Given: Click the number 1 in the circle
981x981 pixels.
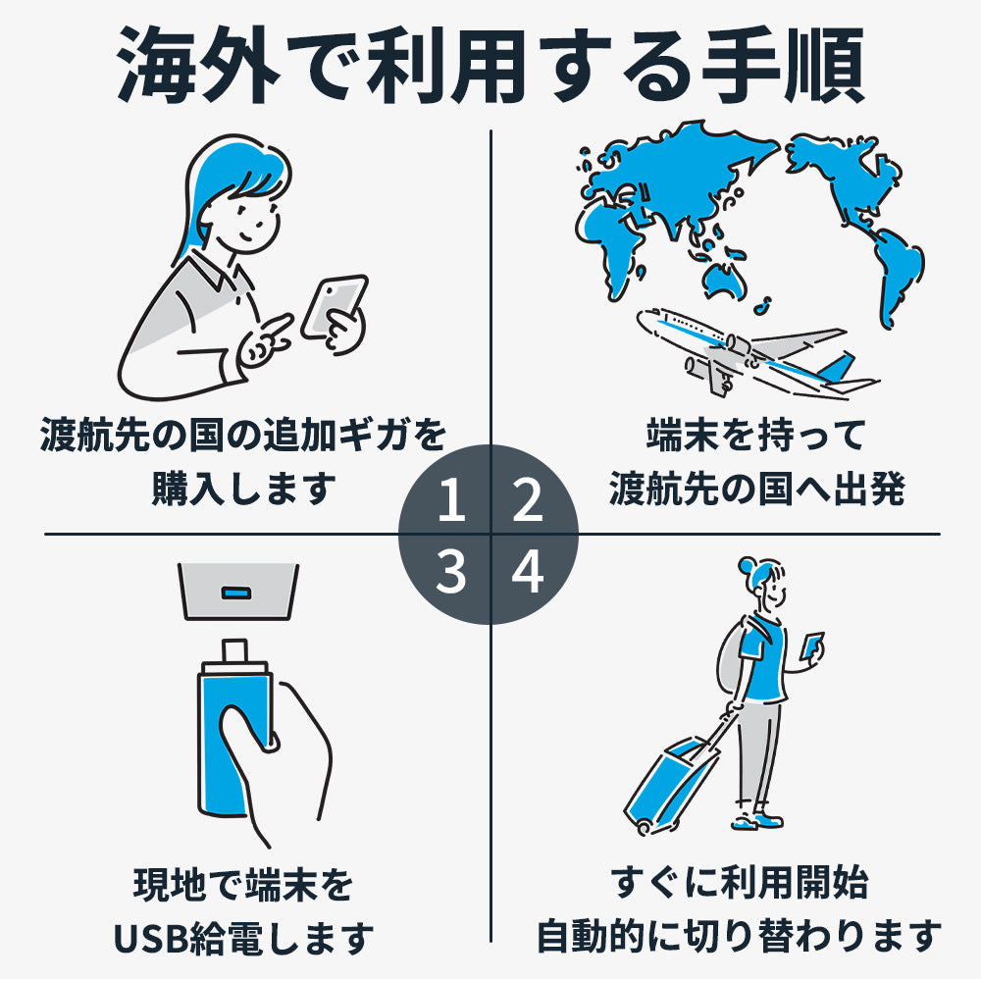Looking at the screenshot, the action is click(x=451, y=499).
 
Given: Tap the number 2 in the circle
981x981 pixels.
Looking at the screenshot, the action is click(x=528, y=499).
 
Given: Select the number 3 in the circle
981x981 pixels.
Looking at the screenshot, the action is click(x=451, y=571).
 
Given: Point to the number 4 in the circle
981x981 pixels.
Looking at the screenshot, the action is click(x=528, y=571).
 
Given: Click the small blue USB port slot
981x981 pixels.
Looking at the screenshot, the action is click(x=237, y=592).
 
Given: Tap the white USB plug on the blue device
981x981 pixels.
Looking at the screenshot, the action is click(x=234, y=652).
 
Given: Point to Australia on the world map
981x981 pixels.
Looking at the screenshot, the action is click(x=725, y=280).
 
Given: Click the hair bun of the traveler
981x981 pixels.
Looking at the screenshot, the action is click(x=747, y=566).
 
